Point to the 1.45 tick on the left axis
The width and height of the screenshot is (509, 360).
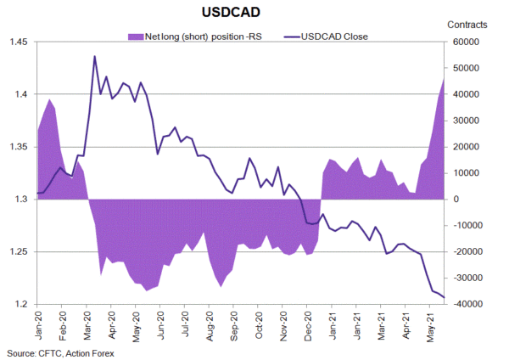[x=18, y=42]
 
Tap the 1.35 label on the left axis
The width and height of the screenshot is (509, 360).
[x=18, y=147]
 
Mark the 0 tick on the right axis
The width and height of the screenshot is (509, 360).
[x=455, y=200]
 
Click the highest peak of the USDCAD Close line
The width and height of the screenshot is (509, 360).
[x=94, y=56]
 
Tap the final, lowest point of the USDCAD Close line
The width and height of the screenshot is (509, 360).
[x=444, y=296]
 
